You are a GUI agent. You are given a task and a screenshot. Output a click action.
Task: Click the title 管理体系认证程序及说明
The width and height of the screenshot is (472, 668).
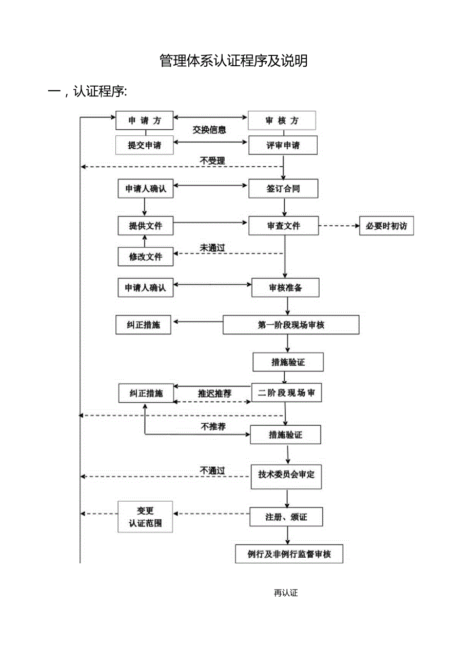coord(233,61)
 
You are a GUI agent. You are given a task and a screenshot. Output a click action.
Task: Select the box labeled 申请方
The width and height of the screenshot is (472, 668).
coord(144,121)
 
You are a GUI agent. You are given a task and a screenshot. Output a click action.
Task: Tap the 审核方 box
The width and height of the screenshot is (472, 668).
coord(282,121)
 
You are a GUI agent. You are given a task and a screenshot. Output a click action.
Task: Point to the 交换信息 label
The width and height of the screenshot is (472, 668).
coord(209,130)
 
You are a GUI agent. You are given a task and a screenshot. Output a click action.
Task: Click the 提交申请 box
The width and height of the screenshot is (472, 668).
coord(144,145)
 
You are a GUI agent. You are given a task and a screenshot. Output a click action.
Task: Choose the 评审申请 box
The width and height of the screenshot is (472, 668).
coord(283,145)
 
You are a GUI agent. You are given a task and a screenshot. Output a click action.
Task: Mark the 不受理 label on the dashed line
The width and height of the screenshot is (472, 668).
coord(212,161)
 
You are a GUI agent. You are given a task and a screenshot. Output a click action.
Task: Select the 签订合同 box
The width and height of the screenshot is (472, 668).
coord(283,189)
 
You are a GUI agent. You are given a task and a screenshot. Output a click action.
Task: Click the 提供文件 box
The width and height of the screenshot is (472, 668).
coord(145,226)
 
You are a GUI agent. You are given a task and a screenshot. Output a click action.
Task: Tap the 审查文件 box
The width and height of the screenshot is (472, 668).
coord(283,226)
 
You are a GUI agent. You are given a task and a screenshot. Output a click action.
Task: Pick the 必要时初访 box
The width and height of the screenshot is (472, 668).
coord(386,226)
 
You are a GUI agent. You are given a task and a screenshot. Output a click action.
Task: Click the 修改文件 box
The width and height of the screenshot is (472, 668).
coord(145,257)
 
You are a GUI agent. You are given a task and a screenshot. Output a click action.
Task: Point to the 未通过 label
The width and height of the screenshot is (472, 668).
coord(212,248)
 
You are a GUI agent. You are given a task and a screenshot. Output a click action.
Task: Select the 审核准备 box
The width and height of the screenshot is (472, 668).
coord(285,288)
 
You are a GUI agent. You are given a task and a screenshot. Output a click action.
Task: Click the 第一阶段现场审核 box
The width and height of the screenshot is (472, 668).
coord(291,325)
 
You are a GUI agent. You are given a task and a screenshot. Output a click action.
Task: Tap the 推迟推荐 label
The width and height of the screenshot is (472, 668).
coord(215,394)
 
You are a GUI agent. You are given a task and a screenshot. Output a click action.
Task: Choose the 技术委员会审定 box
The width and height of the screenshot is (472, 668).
coord(286,475)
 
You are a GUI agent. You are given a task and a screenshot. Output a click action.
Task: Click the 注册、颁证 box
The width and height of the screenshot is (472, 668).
coord(286,517)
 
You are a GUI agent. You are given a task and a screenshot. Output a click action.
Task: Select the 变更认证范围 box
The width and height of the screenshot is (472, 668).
coord(145,517)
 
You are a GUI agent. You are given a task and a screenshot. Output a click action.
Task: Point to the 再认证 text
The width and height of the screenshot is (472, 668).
coord(286,593)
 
